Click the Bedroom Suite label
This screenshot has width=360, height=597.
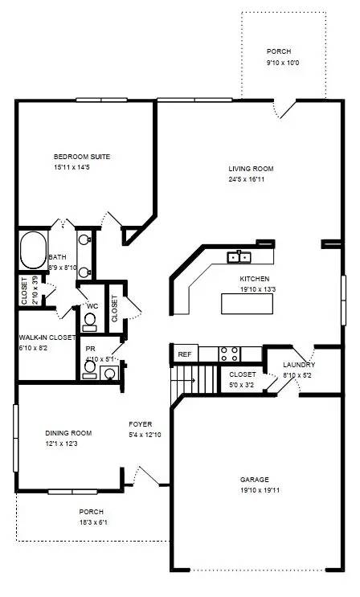[x=82, y=157]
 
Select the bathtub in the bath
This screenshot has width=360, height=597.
[x=34, y=250]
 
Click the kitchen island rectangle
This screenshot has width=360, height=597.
[x=247, y=304]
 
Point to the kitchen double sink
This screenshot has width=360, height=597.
[x=239, y=257]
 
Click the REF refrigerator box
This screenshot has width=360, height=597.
[x=185, y=354]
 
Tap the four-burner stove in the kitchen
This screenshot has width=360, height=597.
[x=230, y=354]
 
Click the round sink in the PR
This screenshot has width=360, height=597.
[x=110, y=373]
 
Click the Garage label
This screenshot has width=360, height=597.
[x=255, y=480]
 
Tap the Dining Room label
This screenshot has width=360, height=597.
[x=68, y=433]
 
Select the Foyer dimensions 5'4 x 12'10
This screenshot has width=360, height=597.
[x=145, y=435]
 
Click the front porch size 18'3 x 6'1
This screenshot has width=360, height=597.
[x=93, y=522]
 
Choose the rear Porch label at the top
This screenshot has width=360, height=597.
[x=279, y=51]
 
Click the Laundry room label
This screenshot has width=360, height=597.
[x=299, y=365]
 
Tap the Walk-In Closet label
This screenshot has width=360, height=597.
[x=47, y=337]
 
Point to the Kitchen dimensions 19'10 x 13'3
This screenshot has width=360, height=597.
[x=258, y=289]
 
